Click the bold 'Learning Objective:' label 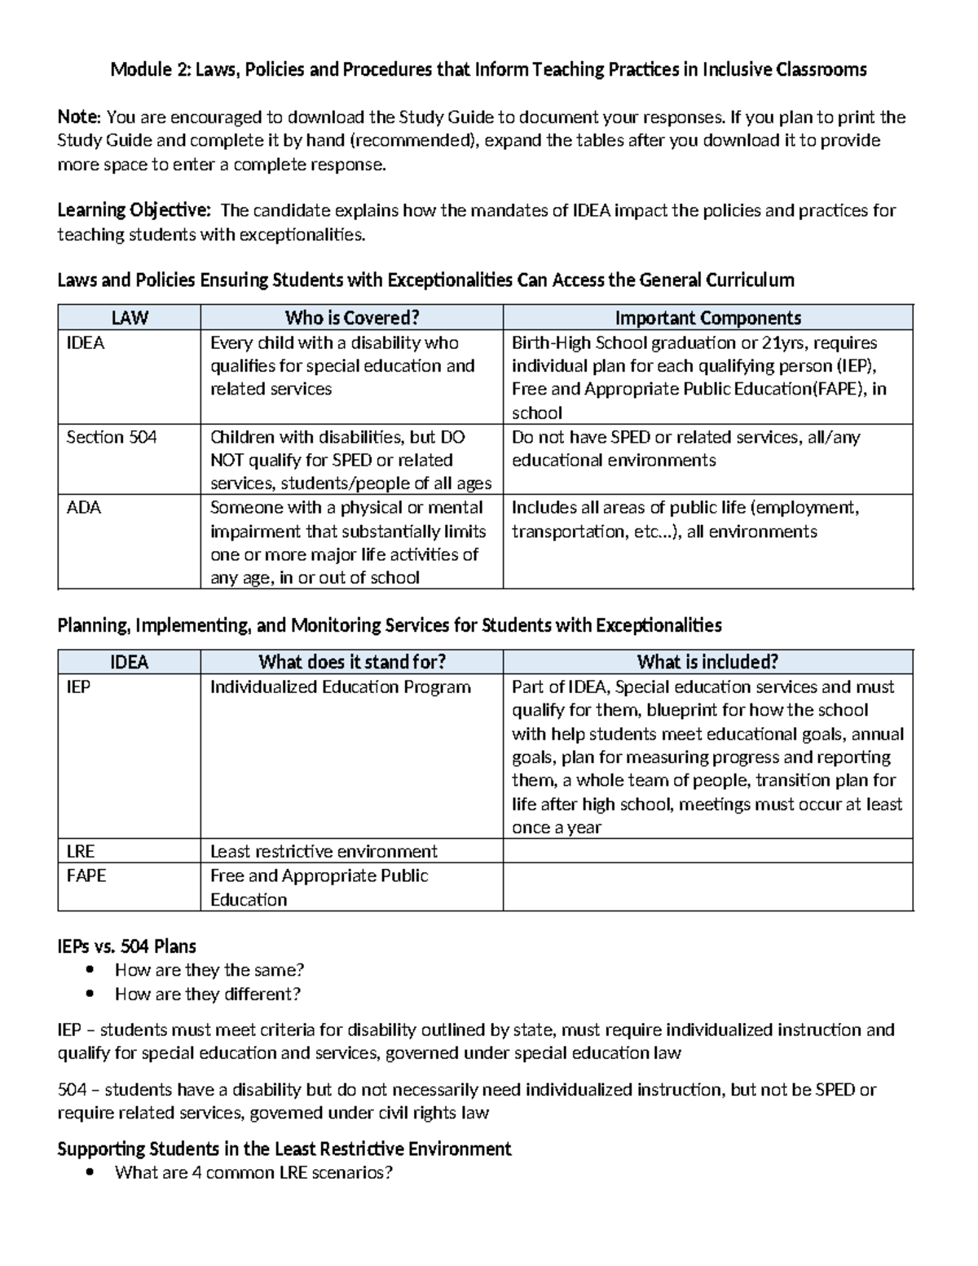point(134,210)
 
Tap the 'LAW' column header point(129,318)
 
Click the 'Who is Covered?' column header point(351,318)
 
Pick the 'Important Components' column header point(707,318)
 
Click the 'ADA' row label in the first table point(83,508)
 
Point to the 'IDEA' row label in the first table point(85,343)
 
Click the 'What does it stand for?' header point(351,662)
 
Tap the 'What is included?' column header point(707,662)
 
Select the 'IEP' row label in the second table point(78,687)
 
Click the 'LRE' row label point(80,852)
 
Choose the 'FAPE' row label point(86,876)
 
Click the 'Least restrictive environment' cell point(324,852)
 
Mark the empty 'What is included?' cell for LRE point(707,852)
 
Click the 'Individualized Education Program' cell point(340,687)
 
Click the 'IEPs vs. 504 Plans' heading point(126,946)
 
